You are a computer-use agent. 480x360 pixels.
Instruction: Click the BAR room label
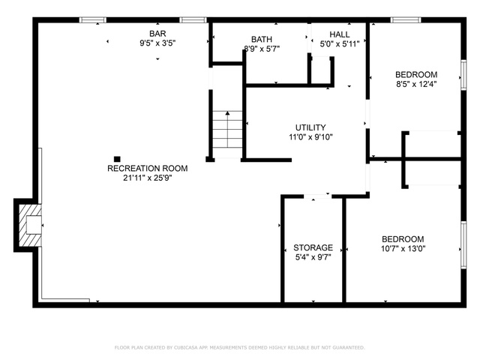point(157,33)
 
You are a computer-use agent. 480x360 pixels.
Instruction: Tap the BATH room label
point(262,39)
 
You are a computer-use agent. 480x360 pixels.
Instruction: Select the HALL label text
point(340,34)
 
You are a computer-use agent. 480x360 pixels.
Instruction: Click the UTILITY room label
point(310,127)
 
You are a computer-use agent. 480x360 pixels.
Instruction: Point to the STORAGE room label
point(313,247)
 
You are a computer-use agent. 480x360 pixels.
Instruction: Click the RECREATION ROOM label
point(148,168)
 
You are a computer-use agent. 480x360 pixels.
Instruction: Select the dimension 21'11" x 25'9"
point(148,178)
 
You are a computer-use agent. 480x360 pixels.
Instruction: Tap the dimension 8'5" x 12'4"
point(416,84)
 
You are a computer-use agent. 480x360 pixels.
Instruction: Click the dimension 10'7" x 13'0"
point(403,248)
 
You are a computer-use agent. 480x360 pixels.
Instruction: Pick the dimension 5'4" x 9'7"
point(313,257)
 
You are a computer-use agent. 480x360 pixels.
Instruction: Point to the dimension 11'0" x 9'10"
point(310,136)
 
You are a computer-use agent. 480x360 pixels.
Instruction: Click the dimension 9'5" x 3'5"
point(157,43)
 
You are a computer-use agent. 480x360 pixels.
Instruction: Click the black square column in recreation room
point(117,159)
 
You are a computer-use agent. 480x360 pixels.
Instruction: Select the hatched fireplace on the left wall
point(30,225)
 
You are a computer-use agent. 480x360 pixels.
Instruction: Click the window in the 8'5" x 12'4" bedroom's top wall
point(406,20)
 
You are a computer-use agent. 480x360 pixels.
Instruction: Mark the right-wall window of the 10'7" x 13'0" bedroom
point(463,245)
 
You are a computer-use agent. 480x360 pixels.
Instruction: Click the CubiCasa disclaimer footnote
point(240,347)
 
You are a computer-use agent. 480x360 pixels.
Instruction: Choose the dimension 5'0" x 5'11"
point(340,44)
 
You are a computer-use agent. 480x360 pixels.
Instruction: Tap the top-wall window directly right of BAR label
point(193,20)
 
